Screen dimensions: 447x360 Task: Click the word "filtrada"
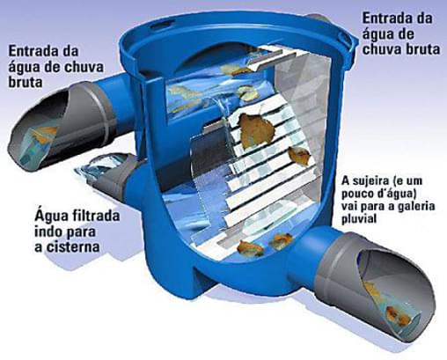pyautogui.click(x=96, y=217)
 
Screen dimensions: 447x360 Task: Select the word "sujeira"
pyautogui.click(x=370, y=180)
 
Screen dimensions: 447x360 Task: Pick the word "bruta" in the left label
pyautogui.click(x=26, y=82)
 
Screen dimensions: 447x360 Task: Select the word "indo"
pyautogui.click(x=48, y=231)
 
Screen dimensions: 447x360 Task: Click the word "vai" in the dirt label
pyautogui.click(x=349, y=206)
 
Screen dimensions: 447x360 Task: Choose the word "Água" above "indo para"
pyautogui.click(x=52, y=217)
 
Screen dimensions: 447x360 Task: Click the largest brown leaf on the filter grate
pyautogui.click(x=257, y=129)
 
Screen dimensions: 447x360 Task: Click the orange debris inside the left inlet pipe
pyautogui.click(x=44, y=133)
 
